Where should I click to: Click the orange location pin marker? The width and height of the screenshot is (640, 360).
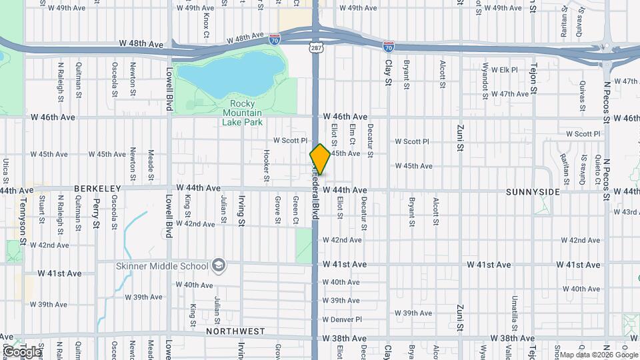coord(320,159)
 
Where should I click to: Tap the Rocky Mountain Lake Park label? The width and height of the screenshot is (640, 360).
coord(242,113)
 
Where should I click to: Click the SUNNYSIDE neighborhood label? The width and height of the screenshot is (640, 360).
coord(533,192)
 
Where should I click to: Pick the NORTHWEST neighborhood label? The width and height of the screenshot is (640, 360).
coord(235,331)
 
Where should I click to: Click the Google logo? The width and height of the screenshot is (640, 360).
coord(21,351)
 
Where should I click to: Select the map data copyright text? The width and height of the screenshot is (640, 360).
coord(597,355)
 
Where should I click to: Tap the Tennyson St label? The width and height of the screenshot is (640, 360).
coord(23,211)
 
